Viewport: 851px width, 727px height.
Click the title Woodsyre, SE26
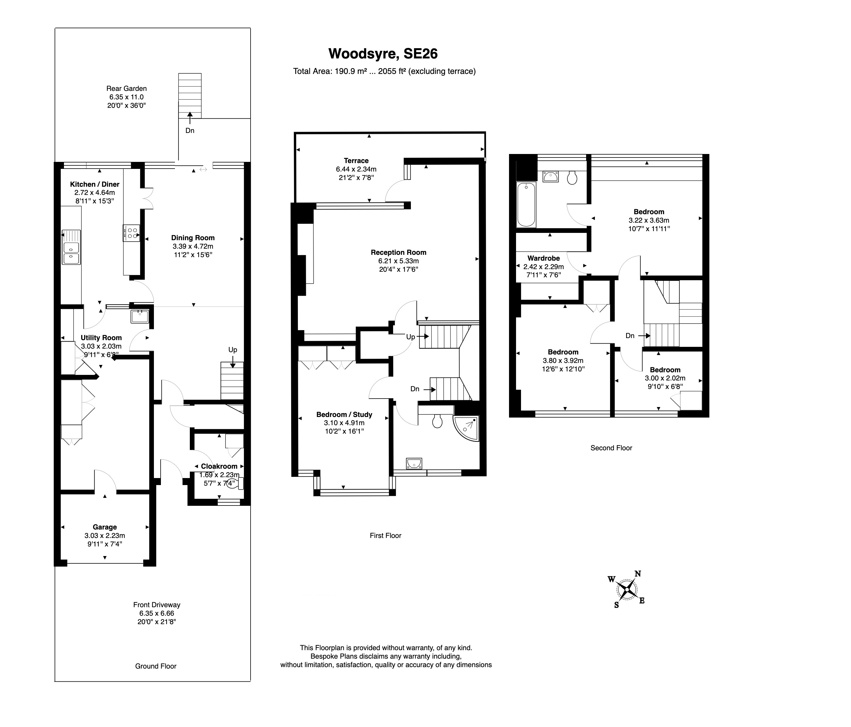pyautogui.click(x=383, y=53)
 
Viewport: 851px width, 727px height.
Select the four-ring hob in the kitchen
pyautogui.click(x=131, y=233)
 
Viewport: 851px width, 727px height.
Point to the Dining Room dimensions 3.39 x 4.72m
pyautogui.click(x=193, y=246)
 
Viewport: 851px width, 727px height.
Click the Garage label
pyautogui.click(x=105, y=527)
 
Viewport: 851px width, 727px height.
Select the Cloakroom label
pyautogui.click(x=219, y=466)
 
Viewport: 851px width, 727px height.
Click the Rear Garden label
pyautogui.click(x=126, y=88)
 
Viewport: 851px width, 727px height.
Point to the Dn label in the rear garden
pyautogui.click(x=190, y=131)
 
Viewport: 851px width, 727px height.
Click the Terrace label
pyautogui.click(x=356, y=161)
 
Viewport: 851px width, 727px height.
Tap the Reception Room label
pyautogui.click(x=398, y=252)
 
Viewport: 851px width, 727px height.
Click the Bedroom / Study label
pyautogui.click(x=344, y=414)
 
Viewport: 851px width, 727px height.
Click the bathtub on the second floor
pyautogui.click(x=526, y=204)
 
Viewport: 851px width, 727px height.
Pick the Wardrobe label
pyautogui.click(x=543, y=258)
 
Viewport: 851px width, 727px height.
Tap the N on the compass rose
pyautogui.click(x=638, y=574)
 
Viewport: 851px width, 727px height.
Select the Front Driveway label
pyautogui.click(x=157, y=605)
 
